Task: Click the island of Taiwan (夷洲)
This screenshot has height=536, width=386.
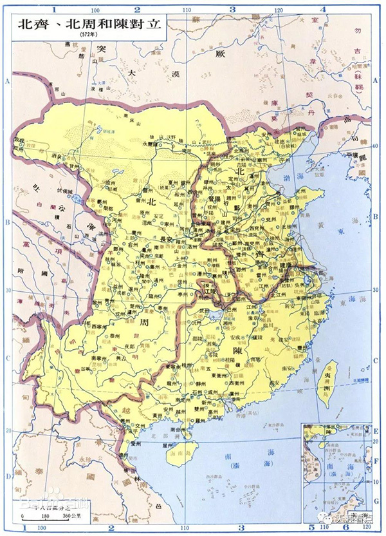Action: coord(329,384)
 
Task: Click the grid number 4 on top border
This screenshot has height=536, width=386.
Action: coord(322,8)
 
